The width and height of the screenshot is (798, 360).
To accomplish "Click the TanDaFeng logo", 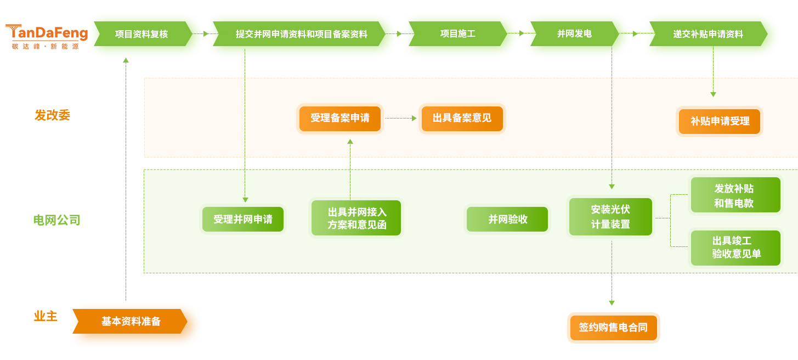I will pyautogui.click(x=46, y=36).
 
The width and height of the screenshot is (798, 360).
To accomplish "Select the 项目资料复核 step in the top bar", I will pyautogui.click(x=142, y=34).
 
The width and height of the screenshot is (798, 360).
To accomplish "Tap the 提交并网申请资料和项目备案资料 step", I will pyautogui.click(x=301, y=34).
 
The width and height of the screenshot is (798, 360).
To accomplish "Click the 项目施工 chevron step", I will pyautogui.click(x=457, y=34).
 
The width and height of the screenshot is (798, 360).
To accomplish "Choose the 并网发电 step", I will pyautogui.click(x=574, y=34).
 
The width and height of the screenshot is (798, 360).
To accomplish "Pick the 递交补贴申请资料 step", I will pyautogui.click(x=708, y=34).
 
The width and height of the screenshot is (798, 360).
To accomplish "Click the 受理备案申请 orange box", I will pyautogui.click(x=340, y=119).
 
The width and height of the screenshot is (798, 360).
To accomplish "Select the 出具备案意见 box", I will pyautogui.click(x=462, y=119).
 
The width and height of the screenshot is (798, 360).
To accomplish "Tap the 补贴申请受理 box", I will pyautogui.click(x=720, y=122).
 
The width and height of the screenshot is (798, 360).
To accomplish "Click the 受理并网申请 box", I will pyautogui.click(x=243, y=220).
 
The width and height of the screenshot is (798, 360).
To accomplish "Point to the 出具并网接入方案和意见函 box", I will pyautogui.click(x=356, y=218).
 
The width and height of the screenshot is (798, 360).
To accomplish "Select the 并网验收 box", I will pyautogui.click(x=507, y=220).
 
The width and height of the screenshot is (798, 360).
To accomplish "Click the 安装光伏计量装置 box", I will pyautogui.click(x=610, y=217).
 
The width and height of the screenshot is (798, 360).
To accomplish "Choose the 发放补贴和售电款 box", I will pyautogui.click(x=735, y=195).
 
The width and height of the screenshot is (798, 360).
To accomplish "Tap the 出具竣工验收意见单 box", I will pyautogui.click(x=735, y=248).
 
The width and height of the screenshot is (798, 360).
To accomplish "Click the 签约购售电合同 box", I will pyautogui.click(x=613, y=328).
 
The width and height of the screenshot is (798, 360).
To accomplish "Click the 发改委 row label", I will pyautogui.click(x=52, y=115).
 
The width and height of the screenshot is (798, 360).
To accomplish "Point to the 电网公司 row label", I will pyautogui.click(x=56, y=221).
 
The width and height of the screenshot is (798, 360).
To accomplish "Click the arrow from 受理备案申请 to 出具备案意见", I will pyautogui.click(x=401, y=118).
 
